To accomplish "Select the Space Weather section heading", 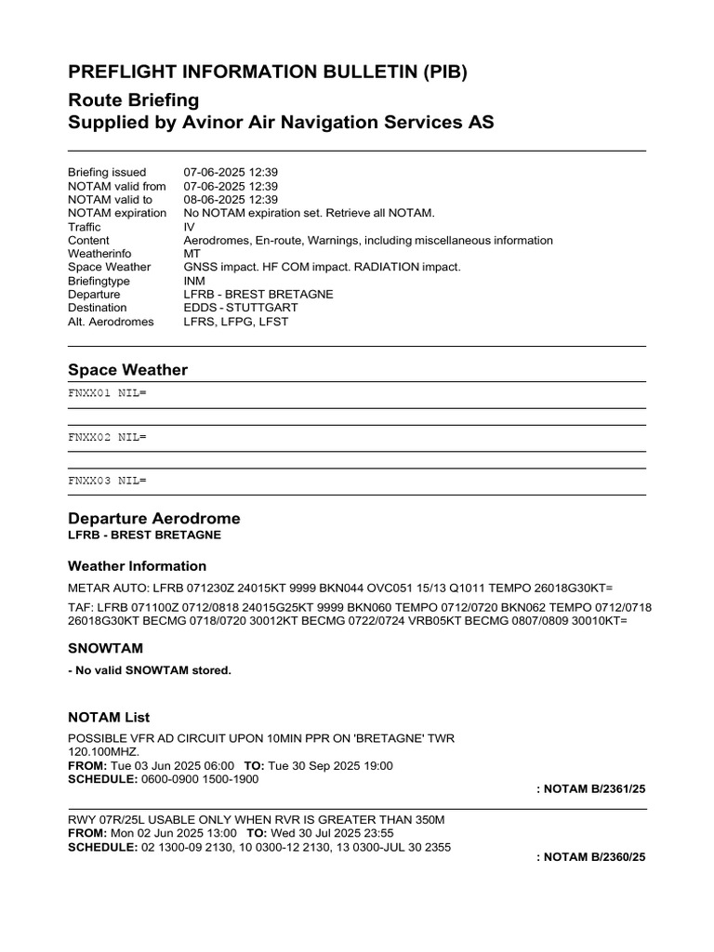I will [127, 370].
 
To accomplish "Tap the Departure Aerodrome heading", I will [153, 518].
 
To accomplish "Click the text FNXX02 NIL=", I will [107, 437].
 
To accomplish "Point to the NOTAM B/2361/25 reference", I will [590, 789].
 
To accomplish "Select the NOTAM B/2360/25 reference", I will [590, 857].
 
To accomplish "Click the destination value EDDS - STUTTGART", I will [241, 308].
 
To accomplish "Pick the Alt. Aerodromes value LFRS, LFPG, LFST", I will [236, 322].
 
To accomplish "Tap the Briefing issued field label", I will [107, 173].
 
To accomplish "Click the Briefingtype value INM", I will [195, 281].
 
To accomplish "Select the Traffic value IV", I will [190, 227].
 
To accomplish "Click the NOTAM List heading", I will [109, 718].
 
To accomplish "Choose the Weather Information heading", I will [138, 566].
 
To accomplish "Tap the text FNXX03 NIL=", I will [107, 481].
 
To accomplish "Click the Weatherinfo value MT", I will [192, 254].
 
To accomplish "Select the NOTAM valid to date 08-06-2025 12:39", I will [231, 200].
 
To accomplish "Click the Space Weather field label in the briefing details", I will [110, 268].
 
